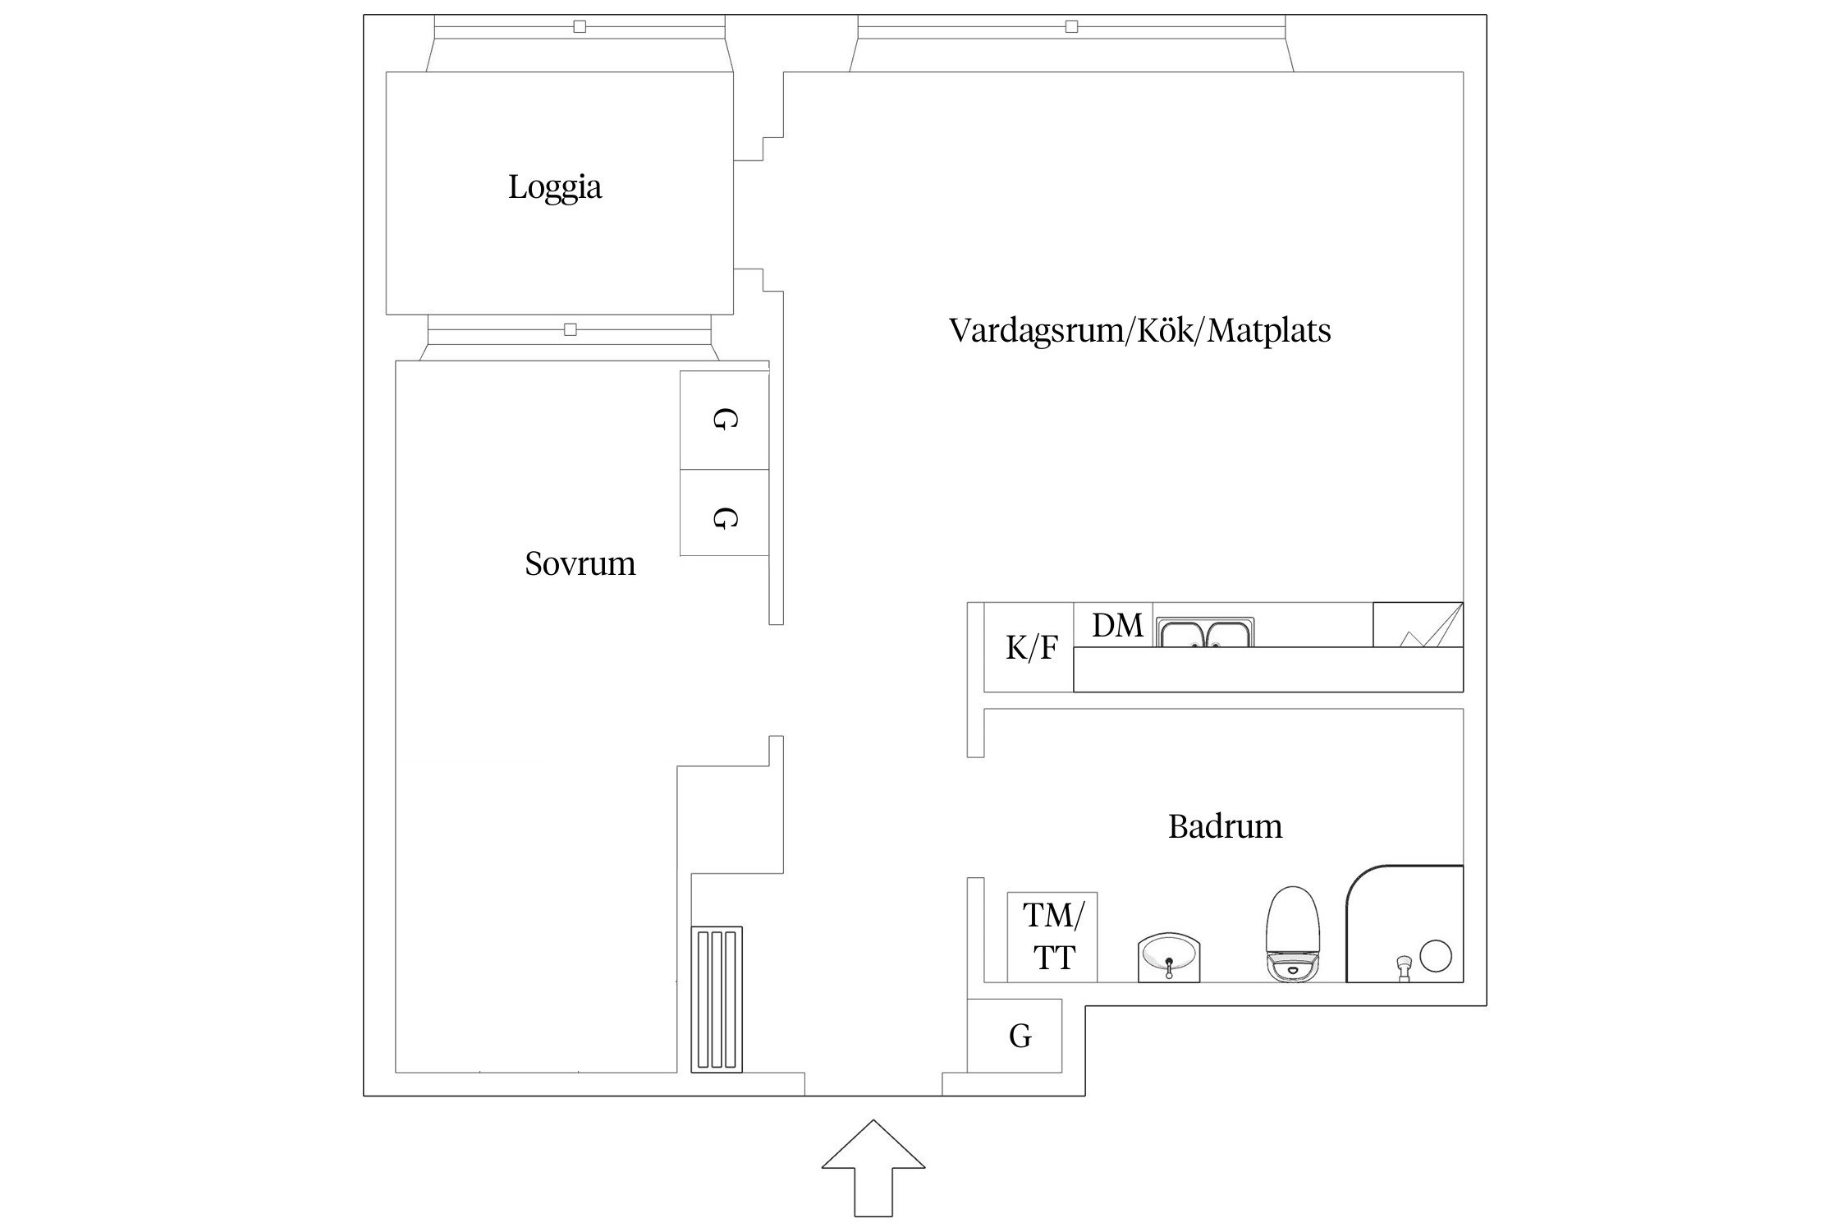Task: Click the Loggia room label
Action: (555, 188)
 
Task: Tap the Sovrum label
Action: (580, 564)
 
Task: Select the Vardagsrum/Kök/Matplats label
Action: (1139, 331)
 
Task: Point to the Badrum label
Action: (1225, 826)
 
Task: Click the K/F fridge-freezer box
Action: (1030, 649)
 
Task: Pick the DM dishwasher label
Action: (1116, 627)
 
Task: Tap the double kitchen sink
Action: (1205, 633)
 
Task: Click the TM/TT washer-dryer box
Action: (1052, 937)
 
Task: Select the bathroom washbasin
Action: (1169, 957)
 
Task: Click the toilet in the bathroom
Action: (1293, 934)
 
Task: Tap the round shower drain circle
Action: (1436, 956)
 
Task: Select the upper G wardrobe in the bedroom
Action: (724, 421)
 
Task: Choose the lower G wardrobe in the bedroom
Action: (724, 517)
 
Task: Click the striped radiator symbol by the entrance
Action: (717, 1000)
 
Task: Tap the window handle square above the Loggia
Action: (580, 27)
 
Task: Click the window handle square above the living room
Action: (1071, 27)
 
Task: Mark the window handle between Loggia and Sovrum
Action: (571, 330)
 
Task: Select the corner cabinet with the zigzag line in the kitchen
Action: (1418, 626)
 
